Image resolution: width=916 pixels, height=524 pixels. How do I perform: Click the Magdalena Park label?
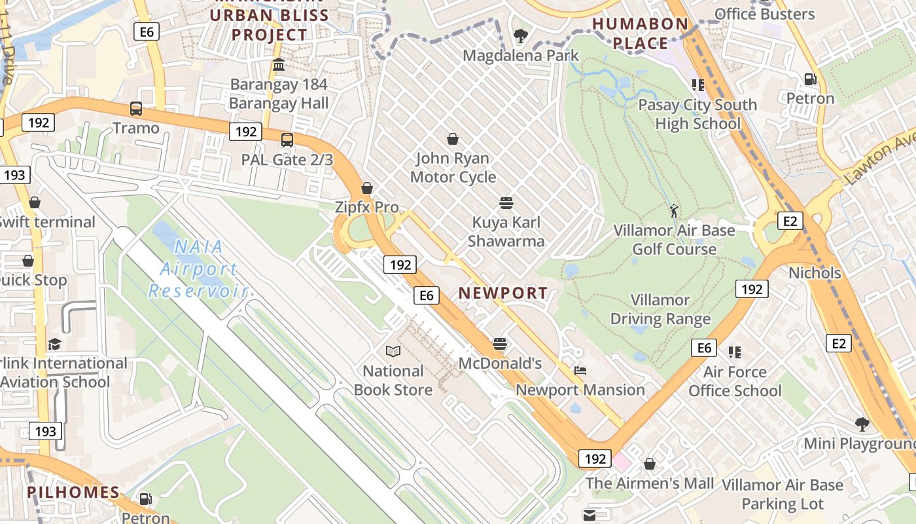click(x=520, y=56)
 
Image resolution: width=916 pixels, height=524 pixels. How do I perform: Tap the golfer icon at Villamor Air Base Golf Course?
click(x=674, y=211)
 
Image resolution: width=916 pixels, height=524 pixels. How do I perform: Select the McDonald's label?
click(x=500, y=363)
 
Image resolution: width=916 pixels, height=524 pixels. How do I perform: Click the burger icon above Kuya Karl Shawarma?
click(x=506, y=203)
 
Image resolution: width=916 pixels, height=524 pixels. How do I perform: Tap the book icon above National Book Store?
click(x=393, y=352)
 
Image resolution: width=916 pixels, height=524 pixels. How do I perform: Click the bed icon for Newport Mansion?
click(x=580, y=371)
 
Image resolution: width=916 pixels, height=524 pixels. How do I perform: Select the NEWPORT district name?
click(x=502, y=293)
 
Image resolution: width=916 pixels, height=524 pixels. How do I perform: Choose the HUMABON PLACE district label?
click(x=640, y=34)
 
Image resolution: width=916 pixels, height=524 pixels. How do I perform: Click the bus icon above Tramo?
click(x=136, y=109)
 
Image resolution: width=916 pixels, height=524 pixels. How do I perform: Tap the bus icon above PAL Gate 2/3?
click(x=287, y=140)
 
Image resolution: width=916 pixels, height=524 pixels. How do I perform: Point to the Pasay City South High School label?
click(x=697, y=114)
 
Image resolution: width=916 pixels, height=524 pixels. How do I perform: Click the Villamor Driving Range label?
click(x=660, y=310)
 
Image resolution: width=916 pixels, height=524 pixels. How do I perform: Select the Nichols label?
click(x=815, y=272)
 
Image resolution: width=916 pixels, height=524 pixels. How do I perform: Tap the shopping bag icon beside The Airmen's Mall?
click(x=650, y=464)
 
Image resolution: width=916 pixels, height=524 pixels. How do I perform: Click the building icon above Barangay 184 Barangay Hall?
click(x=279, y=65)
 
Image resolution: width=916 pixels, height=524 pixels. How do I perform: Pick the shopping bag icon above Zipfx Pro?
click(x=367, y=189)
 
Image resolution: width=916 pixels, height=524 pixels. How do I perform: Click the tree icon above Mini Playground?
click(x=862, y=424)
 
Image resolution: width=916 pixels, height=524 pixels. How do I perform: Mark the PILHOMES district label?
click(x=73, y=493)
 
